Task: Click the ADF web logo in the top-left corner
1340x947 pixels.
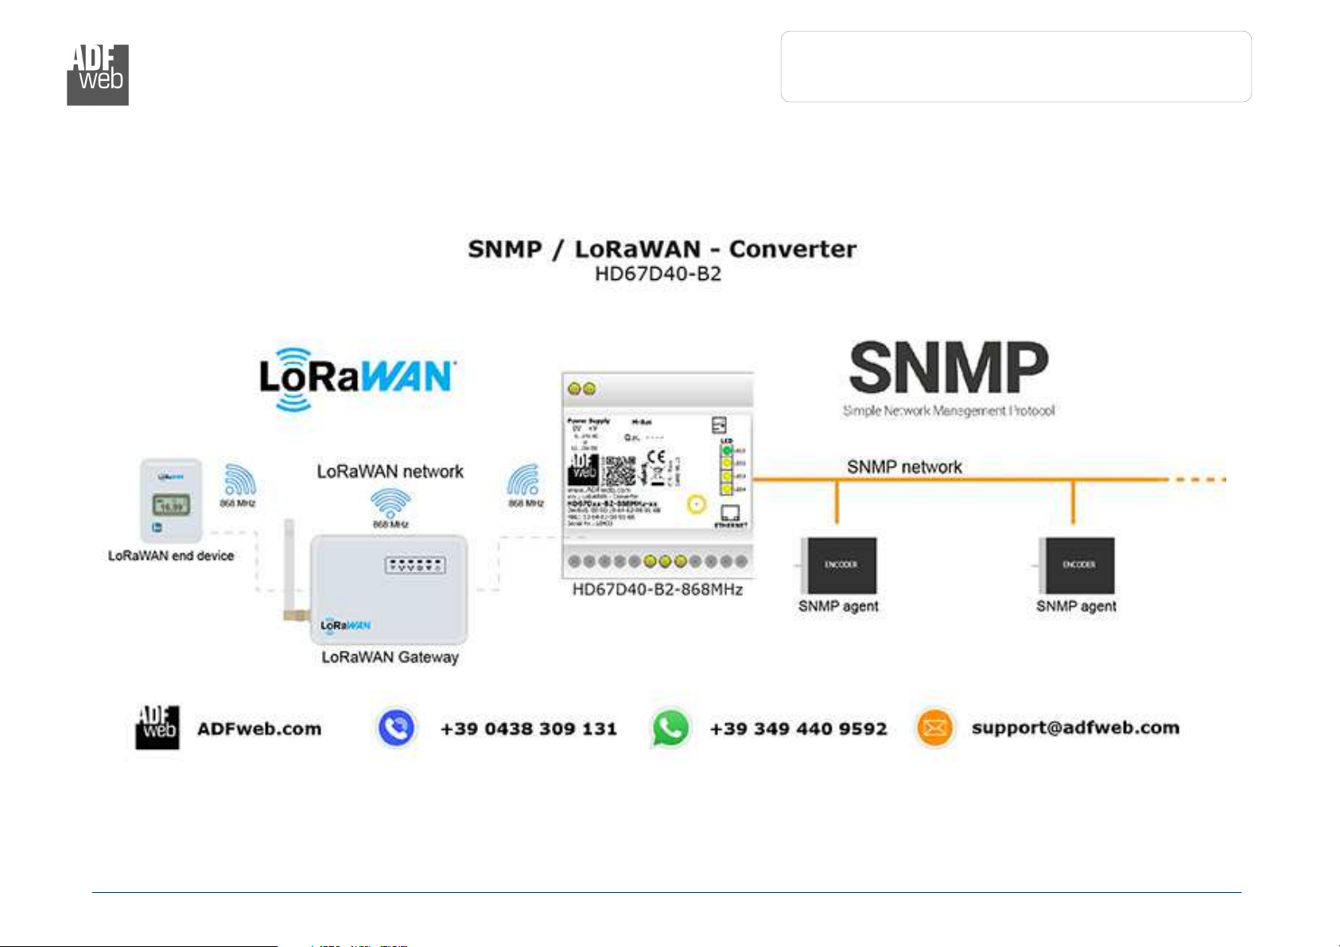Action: (98, 75)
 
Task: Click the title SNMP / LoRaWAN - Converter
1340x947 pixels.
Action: (662, 249)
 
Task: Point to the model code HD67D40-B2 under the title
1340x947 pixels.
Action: (658, 274)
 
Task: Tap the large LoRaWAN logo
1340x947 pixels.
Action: (356, 378)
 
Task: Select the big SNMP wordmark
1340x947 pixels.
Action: (949, 367)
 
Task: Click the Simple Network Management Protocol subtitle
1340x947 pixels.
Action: (949, 411)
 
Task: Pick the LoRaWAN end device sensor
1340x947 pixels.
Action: (171, 500)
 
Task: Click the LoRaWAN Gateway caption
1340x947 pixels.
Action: (390, 658)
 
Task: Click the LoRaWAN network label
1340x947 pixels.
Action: (390, 472)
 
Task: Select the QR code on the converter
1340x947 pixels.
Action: (620, 471)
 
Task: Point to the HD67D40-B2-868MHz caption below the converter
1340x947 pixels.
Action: (658, 590)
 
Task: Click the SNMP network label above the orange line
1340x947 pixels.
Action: (904, 467)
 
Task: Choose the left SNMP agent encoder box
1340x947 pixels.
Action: (840, 565)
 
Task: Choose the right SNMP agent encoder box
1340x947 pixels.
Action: (1078, 565)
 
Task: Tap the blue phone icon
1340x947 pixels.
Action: (396, 728)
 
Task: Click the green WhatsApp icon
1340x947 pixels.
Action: (670, 728)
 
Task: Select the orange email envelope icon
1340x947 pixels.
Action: (934, 728)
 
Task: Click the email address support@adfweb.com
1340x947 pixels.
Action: (1075, 728)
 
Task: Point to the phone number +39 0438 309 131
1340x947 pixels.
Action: (529, 728)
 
